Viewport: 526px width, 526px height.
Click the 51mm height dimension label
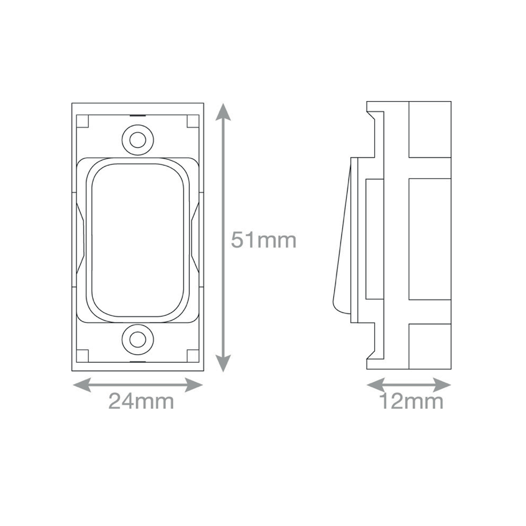coord(264,240)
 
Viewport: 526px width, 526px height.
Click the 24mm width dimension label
coord(141,401)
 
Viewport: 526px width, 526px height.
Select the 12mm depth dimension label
coord(411,401)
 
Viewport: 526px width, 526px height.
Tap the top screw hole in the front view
coord(138,140)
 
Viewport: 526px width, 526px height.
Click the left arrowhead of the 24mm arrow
coord(82,385)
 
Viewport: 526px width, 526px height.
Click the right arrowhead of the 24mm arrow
coord(194,385)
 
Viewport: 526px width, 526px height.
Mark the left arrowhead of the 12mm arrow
coord(376,385)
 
